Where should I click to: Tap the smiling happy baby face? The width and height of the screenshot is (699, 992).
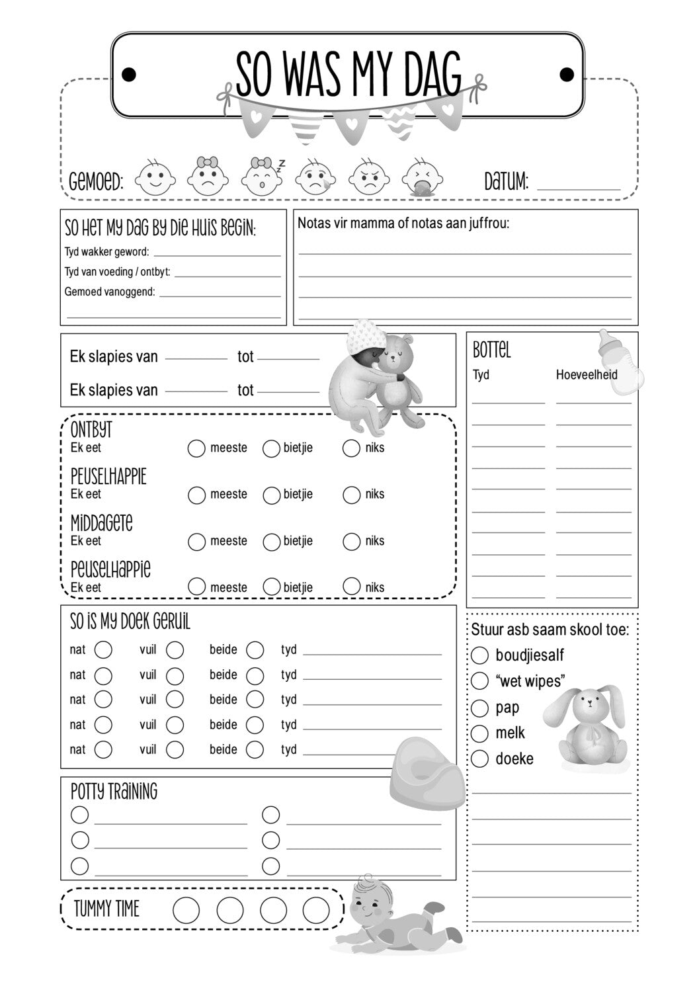tap(155, 177)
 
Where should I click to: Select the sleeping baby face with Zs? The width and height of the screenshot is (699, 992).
tap(262, 177)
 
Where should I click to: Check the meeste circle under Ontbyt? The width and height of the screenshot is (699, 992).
tap(196, 448)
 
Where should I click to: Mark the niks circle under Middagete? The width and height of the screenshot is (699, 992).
tap(351, 542)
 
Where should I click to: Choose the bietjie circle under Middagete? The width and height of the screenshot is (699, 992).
tap(271, 542)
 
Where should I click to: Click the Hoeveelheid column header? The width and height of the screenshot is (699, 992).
tap(586, 375)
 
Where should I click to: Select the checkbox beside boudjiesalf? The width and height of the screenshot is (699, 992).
tap(479, 655)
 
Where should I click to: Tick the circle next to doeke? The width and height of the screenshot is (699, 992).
tap(479, 759)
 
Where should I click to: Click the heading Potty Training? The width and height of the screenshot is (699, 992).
tap(114, 791)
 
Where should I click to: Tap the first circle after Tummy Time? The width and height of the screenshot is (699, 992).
tap(186, 910)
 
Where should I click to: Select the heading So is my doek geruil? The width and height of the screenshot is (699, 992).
tap(130, 622)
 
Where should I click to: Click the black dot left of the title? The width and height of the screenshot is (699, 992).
tap(130, 73)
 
